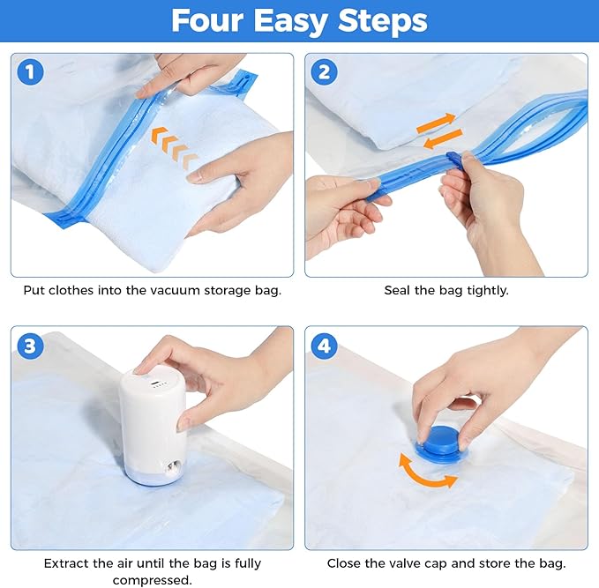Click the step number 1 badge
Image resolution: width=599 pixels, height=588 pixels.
click(x=30, y=71)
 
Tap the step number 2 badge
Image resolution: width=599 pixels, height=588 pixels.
click(x=324, y=71)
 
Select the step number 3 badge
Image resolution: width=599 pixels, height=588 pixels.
click(x=30, y=346)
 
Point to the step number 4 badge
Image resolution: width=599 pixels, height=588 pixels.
click(x=324, y=346)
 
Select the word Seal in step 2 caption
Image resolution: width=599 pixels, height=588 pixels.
click(x=399, y=290)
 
